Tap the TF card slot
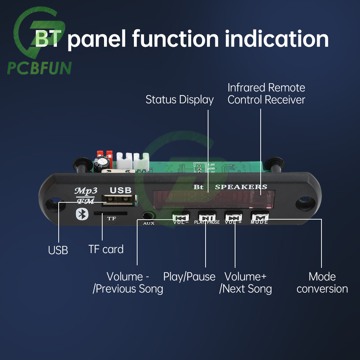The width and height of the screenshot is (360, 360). (x=110, y=213)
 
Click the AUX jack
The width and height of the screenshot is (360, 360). (x=148, y=216)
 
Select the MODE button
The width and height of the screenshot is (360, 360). (x=260, y=217)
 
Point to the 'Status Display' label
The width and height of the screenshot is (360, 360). (x=179, y=100)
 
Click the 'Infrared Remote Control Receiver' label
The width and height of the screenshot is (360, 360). (x=266, y=94)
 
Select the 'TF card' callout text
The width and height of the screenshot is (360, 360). (x=106, y=249)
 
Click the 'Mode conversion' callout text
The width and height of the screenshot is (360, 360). (x=322, y=283)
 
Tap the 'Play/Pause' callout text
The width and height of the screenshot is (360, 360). (x=189, y=276)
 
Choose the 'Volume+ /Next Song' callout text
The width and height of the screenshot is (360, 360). (x=246, y=283)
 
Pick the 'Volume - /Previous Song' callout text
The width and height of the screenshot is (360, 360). (x=128, y=283)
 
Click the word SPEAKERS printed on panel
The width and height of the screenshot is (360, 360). (x=241, y=187)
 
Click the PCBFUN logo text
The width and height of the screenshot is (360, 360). (x=39, y=67)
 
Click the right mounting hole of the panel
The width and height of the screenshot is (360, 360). (x=303, y=204)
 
